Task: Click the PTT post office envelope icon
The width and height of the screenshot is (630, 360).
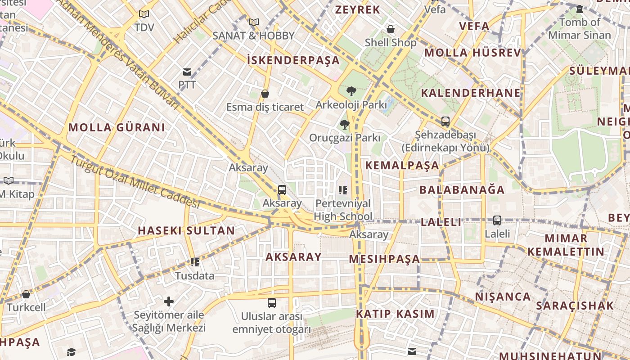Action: coord(187,72)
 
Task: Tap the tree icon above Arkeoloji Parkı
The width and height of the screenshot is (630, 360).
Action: coord(351,91)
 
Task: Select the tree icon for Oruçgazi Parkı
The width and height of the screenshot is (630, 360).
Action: coord(345,124)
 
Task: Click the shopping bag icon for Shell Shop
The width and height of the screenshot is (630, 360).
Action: coord(391,29)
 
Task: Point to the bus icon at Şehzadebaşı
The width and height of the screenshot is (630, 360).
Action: coord(445,121)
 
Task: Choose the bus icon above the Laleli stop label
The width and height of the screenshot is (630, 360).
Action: coord(497,220)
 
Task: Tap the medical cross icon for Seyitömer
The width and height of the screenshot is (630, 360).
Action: coord(169,301)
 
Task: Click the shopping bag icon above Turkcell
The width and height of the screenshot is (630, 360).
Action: coord(26,294)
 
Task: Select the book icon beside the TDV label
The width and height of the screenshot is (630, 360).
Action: coord(144,14)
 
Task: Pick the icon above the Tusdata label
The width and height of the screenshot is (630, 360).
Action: coord(195,262)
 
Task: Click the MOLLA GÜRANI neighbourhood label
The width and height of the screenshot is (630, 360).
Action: coord(117,127)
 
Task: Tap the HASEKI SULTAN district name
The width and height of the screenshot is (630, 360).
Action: coord(186,231)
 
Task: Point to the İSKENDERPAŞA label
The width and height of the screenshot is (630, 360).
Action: coord(293,60)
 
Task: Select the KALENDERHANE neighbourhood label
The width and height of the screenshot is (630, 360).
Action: coord(471,93)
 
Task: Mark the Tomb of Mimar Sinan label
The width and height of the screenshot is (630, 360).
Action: coord(580,28)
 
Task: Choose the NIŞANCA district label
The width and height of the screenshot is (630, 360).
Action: coord(503,297)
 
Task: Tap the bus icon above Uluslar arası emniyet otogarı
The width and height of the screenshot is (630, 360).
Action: coord(272,302)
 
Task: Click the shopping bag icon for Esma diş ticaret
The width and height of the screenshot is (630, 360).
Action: coord(265,94)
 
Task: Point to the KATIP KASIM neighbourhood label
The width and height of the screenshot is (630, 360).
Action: coord(396,314)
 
